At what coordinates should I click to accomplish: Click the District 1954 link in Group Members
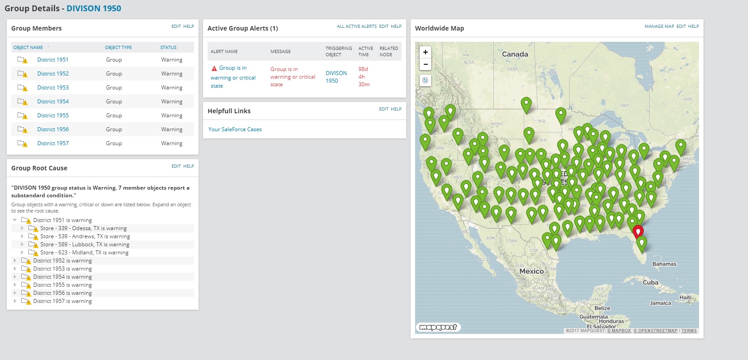pyautogui.click(x=53, y=102)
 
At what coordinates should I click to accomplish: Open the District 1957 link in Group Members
pyautogui.click(x=53, y=143)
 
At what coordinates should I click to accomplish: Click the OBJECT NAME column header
pyautogui.click(x=28, y=48)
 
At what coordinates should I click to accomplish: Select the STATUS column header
pyautogui.click(x=168, y=48)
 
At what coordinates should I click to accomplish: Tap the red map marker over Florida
pyautogui.click(x=637, y=231)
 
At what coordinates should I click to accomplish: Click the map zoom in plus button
pyautogui.click(x=425, y=52)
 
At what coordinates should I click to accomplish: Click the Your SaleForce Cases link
pyautogui.click(x=235, y=129)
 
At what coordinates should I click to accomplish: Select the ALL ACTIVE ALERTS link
pyautogui.click(x=357, y=27)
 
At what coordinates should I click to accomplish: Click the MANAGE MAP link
pyautogui.click(x=659, y=27)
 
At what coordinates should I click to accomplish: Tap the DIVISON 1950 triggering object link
pyautogui.click(x=336, y=77)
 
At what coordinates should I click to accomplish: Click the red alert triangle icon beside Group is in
pyautogui.click(x=214, y=68)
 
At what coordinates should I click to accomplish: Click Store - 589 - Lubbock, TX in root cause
pyautogui.click(x=84, y=244)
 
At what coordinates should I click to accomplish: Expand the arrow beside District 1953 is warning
pyautogui.click(x=15, y=269)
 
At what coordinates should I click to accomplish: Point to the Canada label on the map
pyautogui.click(x=515, y=54)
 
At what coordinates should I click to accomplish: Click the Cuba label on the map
pyautogui.click(x=651, y=283)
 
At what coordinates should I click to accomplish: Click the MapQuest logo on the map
pyautogui.click(x=438, y=327)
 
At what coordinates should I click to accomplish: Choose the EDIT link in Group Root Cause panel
pyautogui.click(x=176, y=166)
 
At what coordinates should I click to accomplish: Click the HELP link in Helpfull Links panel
pyautogui.click(x=396, y=109)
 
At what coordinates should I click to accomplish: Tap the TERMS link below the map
pyautogui.click(x=689, y=331)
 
